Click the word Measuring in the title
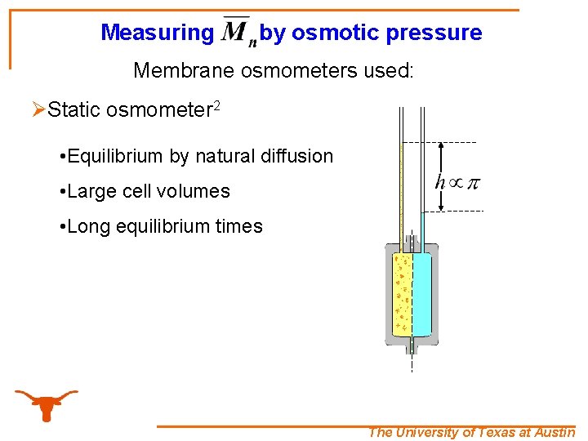(x=156, y=33)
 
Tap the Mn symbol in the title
(x=238, y=32)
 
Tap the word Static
(x=74, y=110)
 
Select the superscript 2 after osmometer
(x=218, y=105)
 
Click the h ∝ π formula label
(x=457, y=181)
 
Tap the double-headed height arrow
(x=442, y=176)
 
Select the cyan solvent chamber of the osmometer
(x=421, y=294)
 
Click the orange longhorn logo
(x=47, y=404)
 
